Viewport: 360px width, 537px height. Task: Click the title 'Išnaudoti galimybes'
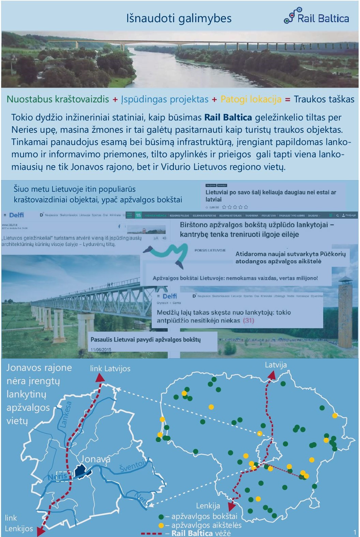pos(179,18)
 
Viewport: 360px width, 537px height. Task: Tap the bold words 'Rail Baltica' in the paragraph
pos(228,117)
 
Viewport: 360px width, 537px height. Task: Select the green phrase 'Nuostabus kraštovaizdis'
pos(58,99)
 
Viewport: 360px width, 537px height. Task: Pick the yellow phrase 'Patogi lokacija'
pos(251,99)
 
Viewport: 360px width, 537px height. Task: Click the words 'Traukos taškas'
pos(324,99)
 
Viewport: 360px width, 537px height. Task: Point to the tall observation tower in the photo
pos(345,310)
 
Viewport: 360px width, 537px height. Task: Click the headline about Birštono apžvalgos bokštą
pos(257,229)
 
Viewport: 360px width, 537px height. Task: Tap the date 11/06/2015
pos(101,349)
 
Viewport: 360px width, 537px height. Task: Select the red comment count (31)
pos(249,320)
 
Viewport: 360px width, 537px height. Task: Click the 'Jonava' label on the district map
pos(95,459)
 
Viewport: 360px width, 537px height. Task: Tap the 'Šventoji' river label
pos(133,466)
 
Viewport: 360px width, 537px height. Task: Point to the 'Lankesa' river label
pos(66,415)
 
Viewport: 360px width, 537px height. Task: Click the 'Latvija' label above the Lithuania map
pos(276,365)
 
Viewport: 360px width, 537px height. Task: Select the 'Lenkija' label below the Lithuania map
pos(208,506)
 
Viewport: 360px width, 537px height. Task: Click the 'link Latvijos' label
pos(110,368)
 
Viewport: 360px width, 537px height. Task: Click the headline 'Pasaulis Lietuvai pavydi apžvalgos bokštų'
pos(146,339)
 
